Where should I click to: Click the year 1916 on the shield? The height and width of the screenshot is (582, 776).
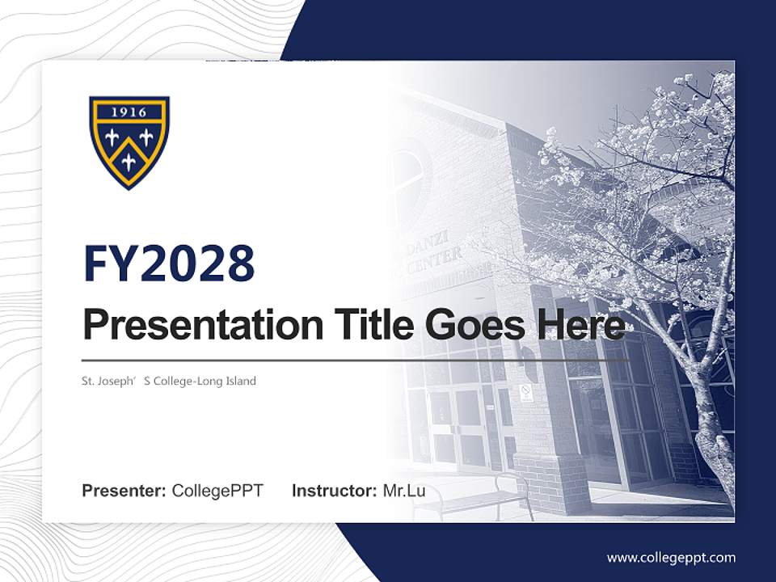pos(129,112)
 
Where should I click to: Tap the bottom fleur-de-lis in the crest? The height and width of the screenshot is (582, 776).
pos(129,162)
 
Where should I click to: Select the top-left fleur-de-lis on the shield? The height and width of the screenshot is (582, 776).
pos(112,138)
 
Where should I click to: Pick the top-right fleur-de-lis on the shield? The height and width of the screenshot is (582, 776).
pos(146,137)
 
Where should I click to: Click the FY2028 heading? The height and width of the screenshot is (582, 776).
pos(169,264)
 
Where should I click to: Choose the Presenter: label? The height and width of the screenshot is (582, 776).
pos(124,491)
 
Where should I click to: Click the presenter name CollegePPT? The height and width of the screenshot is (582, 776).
pos(217,491)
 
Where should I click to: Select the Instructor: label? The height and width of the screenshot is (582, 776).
pos(334,491)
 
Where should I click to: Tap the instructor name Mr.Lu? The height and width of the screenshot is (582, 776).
pos(404,491)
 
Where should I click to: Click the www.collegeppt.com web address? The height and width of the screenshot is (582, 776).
pos(671,557)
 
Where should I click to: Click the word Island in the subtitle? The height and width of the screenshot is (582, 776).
pos(240,381)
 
